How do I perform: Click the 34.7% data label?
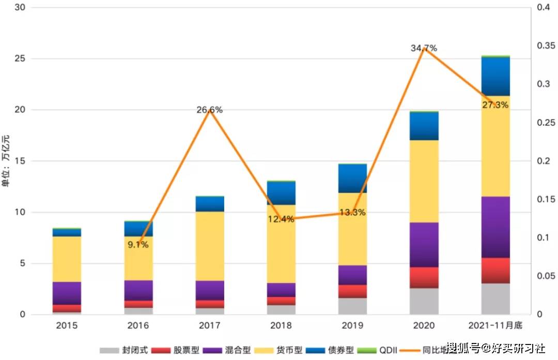[424, 48]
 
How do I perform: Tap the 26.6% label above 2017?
[209, 109]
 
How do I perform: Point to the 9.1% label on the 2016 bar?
[138, 244]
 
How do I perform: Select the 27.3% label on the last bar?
[495, 105]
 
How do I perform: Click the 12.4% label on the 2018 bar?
[281, 219]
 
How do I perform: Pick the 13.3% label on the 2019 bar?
[352, 212]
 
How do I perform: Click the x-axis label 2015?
[67, 326]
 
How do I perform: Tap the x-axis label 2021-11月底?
[495, 326]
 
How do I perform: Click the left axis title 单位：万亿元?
[6, 160]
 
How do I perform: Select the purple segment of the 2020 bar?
[424, 244]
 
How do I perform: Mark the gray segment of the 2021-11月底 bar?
[495, 299]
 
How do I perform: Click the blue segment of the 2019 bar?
[352, 178]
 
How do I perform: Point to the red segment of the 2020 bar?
[424, 277]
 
